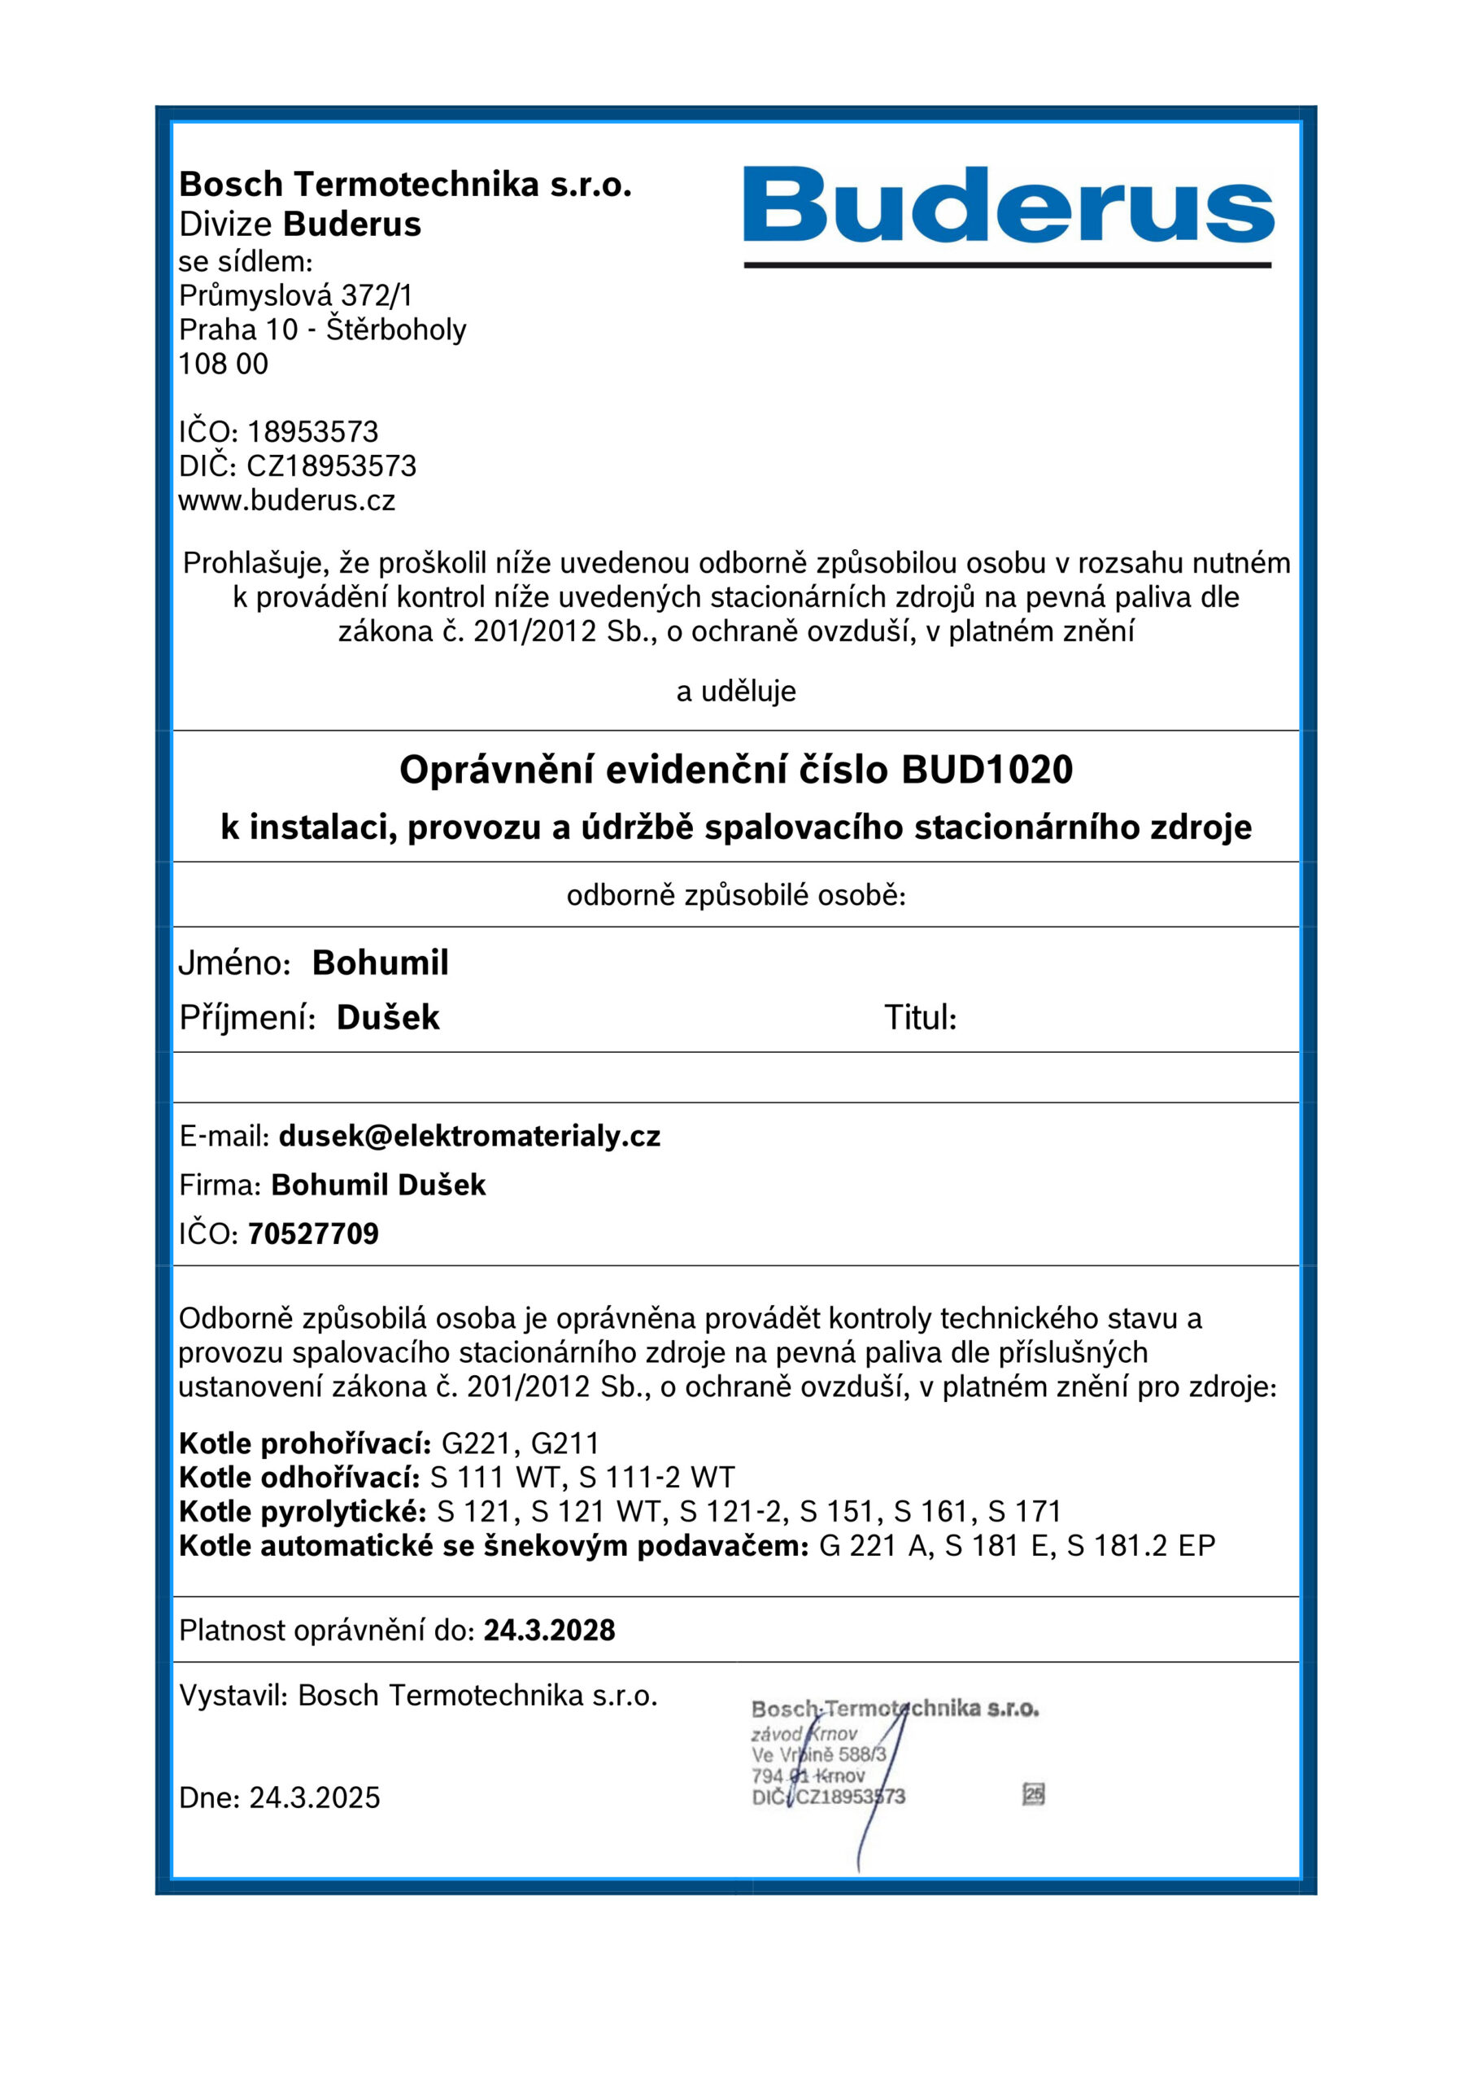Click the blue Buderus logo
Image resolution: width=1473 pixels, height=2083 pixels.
[x=1008, y=207]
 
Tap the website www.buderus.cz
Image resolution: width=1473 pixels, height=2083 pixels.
[x=286, y=500]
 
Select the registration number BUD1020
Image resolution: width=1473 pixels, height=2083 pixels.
[x=987, y=771]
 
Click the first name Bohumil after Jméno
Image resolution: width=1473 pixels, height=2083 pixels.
[x=380, y=963]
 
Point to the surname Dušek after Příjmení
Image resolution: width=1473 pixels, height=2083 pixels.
[x=387, y=1018]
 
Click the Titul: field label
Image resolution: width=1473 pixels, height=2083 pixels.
[x=921, y=1018]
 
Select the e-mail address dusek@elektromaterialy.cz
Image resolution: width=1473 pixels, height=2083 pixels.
[x=469, y=1136]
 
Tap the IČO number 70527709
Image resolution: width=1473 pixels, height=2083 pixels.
[x=313, y=1234]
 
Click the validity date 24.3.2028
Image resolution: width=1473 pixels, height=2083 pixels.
[x=549, y=1631]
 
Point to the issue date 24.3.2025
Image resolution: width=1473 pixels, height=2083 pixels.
[x=315, y=1797]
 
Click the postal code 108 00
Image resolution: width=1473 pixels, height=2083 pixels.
[x=223, y=364]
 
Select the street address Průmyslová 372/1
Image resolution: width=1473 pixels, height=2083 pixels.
[x=296, y=295]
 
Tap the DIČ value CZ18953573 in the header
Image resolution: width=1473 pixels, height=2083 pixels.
[x=331, y=466]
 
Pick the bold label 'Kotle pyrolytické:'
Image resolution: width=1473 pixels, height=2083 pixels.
[x=302, y=1512]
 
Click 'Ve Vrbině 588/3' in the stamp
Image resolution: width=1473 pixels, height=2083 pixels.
[x=818, y=1754]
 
